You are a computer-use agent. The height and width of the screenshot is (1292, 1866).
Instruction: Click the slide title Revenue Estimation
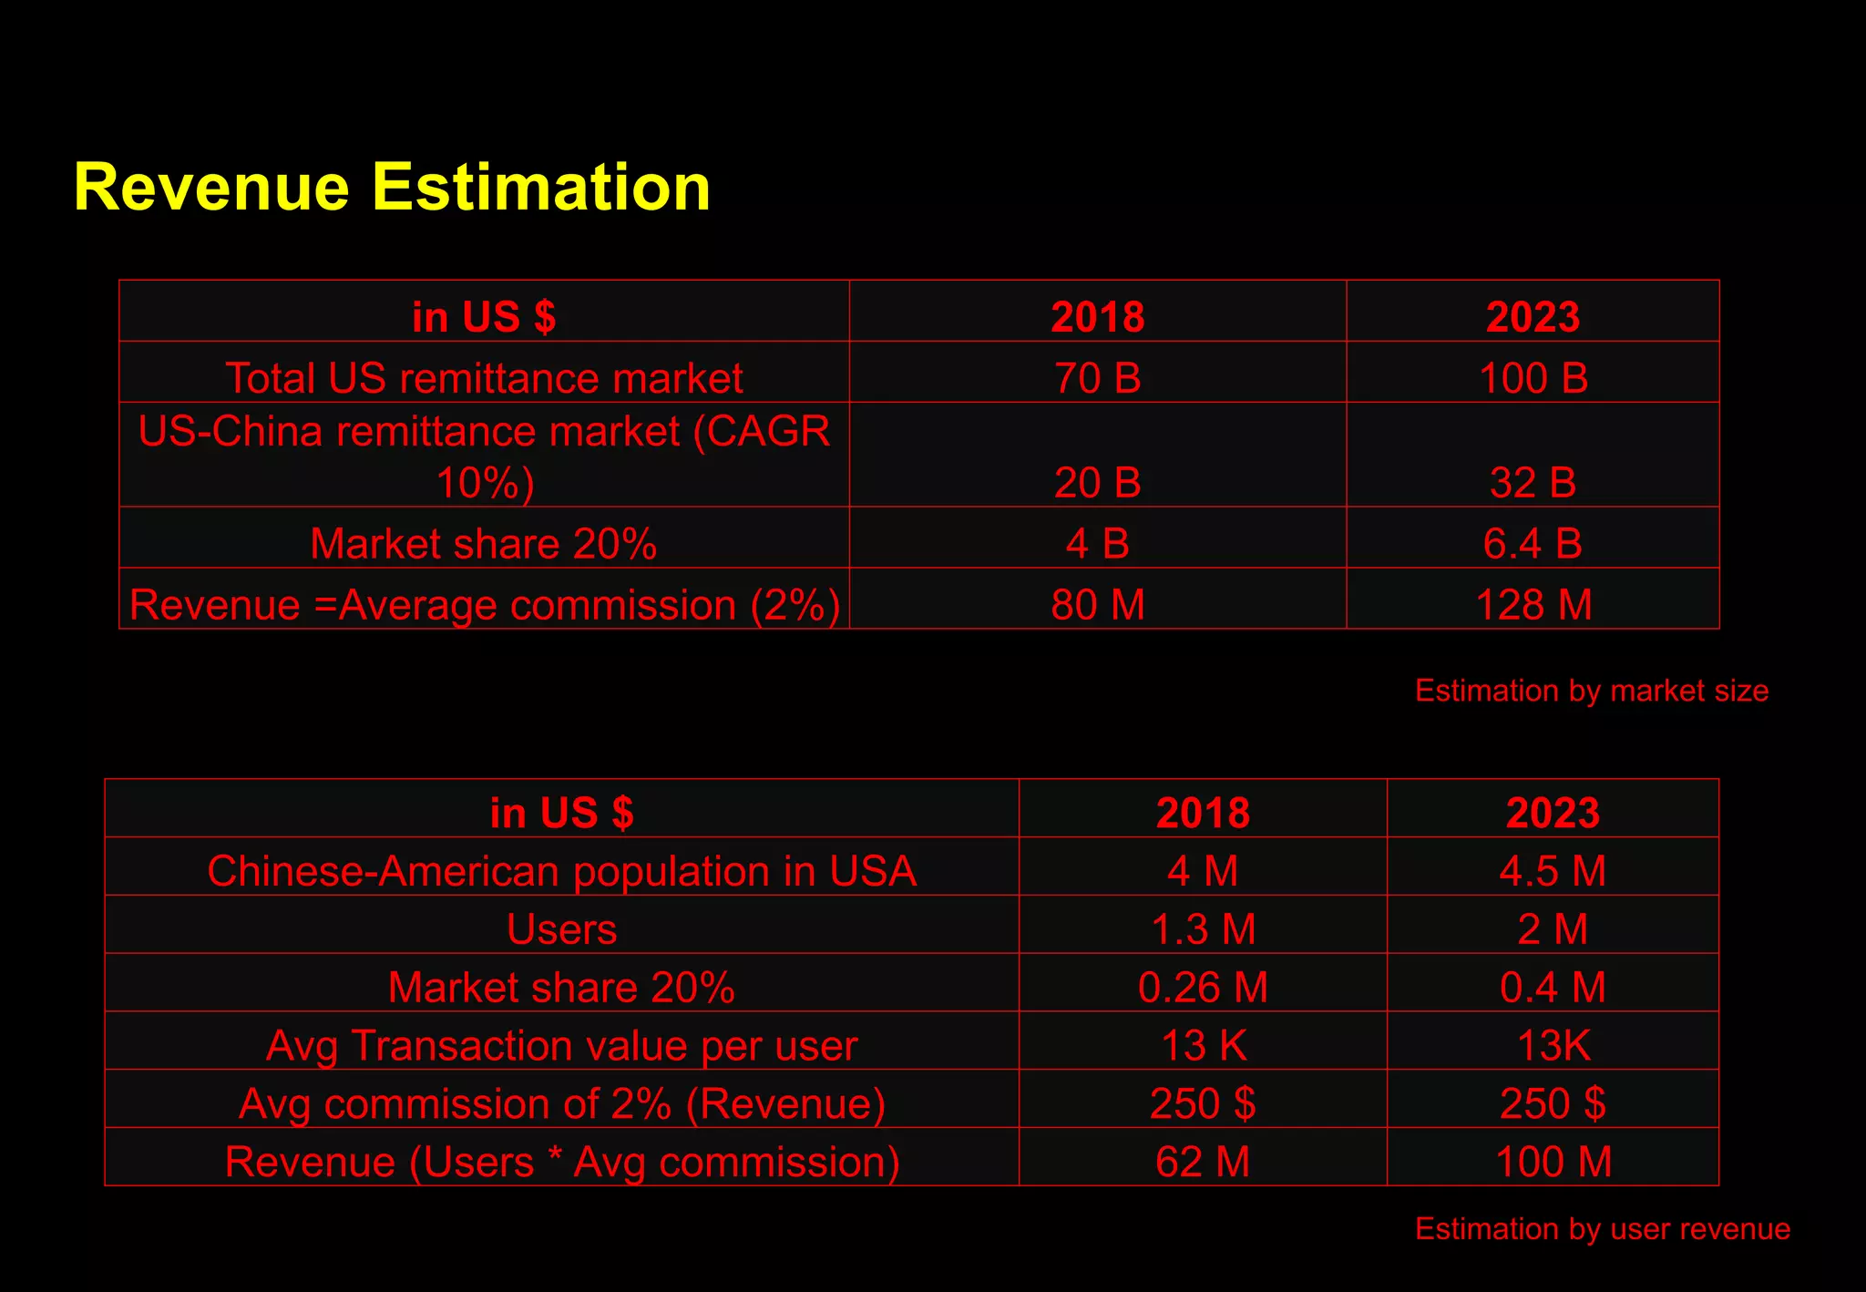click(392, 188)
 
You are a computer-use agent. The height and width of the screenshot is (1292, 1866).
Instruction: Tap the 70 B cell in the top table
click(1097, 378)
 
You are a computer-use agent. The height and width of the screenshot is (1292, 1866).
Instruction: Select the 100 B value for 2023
click(1533, 378)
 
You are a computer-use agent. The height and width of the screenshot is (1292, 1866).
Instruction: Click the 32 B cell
click(1533, 482)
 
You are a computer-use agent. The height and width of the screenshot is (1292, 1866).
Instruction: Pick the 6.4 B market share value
click(1533, 544)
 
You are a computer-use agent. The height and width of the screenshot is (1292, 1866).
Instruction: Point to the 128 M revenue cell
click(1533, 605)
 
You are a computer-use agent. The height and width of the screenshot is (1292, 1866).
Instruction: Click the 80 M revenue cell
click(1097, 605)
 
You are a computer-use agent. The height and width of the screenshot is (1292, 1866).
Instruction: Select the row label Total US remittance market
click(484, 378)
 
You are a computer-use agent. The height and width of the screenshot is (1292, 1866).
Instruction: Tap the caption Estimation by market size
click(1591, 691)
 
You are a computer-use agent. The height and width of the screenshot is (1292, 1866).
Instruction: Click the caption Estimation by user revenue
click(1602, 1229)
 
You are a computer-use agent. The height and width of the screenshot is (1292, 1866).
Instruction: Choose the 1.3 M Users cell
click(1203, 929)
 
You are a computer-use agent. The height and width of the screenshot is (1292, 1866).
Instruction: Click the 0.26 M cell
click(1203, 988)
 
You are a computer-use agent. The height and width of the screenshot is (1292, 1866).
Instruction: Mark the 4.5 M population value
click(1553, 871)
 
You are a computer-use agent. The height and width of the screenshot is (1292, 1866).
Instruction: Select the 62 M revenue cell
click(1203, 1163)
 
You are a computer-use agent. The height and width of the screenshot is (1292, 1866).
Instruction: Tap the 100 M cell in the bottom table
click(1553, 1163)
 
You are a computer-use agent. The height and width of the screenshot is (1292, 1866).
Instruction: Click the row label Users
click(561, 929)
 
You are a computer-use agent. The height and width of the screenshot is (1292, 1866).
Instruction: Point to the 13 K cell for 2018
click(1203, 1046)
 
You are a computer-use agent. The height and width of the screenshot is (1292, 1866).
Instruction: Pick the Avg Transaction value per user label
click(561, 1046)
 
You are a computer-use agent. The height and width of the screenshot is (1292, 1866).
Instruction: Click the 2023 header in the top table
click(1533, 317)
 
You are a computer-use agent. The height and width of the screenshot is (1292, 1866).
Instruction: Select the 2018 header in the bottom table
click(1203, 813)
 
